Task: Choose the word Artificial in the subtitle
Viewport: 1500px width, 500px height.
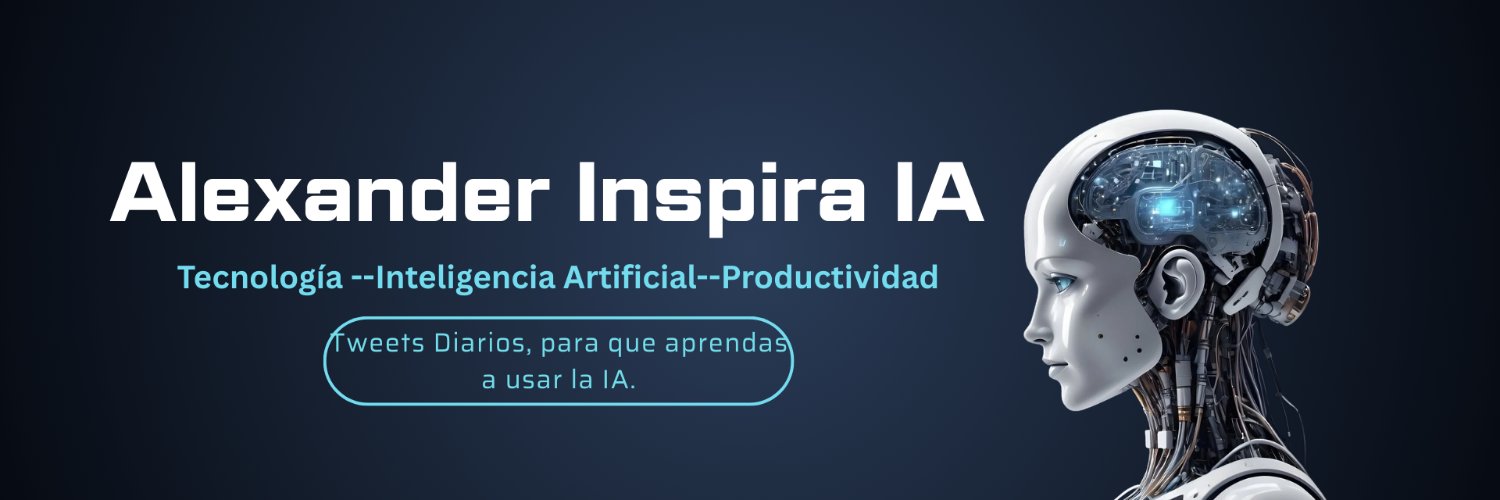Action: [x=630, y=277]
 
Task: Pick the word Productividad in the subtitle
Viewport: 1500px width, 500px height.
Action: [x=830, y=277]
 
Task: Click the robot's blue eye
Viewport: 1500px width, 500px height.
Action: [x=1061, y=284]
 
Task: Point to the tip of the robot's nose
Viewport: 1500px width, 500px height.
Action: [x=1027, y=332]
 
